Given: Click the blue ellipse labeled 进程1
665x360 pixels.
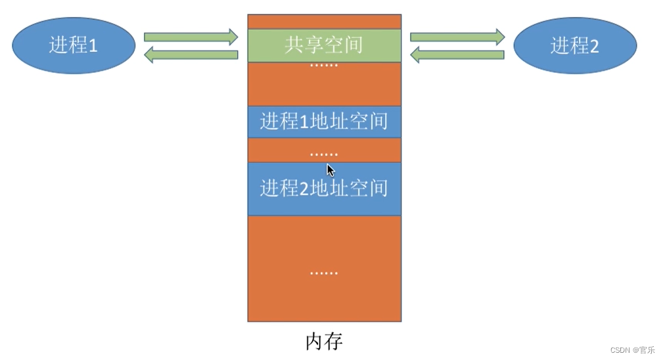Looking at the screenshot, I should pyautogui.click(x=74, y=45).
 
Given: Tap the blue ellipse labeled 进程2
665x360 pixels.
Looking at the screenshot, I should pyautogui.click(x=575, y=45).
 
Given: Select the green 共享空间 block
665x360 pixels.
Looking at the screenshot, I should pyautogui.click(x=324, y=45).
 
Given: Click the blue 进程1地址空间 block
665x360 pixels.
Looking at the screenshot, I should pyautogui.click(x=324, y=122).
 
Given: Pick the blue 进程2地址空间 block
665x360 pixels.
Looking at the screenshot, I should pyautogui.click(x=324, y=189).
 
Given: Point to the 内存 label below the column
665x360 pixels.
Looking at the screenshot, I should pyautogui.click(x=324, y=342).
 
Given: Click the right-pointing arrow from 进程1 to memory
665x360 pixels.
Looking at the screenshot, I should pyautogui.click(x=191, y=37).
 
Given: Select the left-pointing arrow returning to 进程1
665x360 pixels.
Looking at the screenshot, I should pyautogui.click(x=191, y=55).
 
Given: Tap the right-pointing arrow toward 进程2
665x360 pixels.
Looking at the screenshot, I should pyautogui.click(x=457, y=37).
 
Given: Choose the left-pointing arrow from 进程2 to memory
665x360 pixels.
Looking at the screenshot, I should pyautogui.click(x=457, y=55).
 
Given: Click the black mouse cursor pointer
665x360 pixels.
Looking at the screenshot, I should pyautogui.click(x=331, y=170).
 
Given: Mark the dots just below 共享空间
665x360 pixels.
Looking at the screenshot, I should pyautogui.click(x=324, y=66).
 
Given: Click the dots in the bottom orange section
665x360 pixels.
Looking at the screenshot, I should pyautogui.click(x=324, y=273).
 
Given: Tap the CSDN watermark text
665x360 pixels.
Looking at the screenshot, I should pyautogui.click(x=632, y=350).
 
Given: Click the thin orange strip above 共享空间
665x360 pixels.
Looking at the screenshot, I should pyautogui.click(x=324, y=22).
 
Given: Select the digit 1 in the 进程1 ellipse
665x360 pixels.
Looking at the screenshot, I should pyautogui.click(x=93, y=46).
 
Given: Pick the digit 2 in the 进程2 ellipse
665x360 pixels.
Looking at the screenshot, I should pyautogui.click(x=594, y=46).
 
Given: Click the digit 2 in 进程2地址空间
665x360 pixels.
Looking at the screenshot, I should pyautogui.click(x=304, y=189).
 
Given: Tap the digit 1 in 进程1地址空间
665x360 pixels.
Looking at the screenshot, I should pyautogui.click(x=304, y=122).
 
